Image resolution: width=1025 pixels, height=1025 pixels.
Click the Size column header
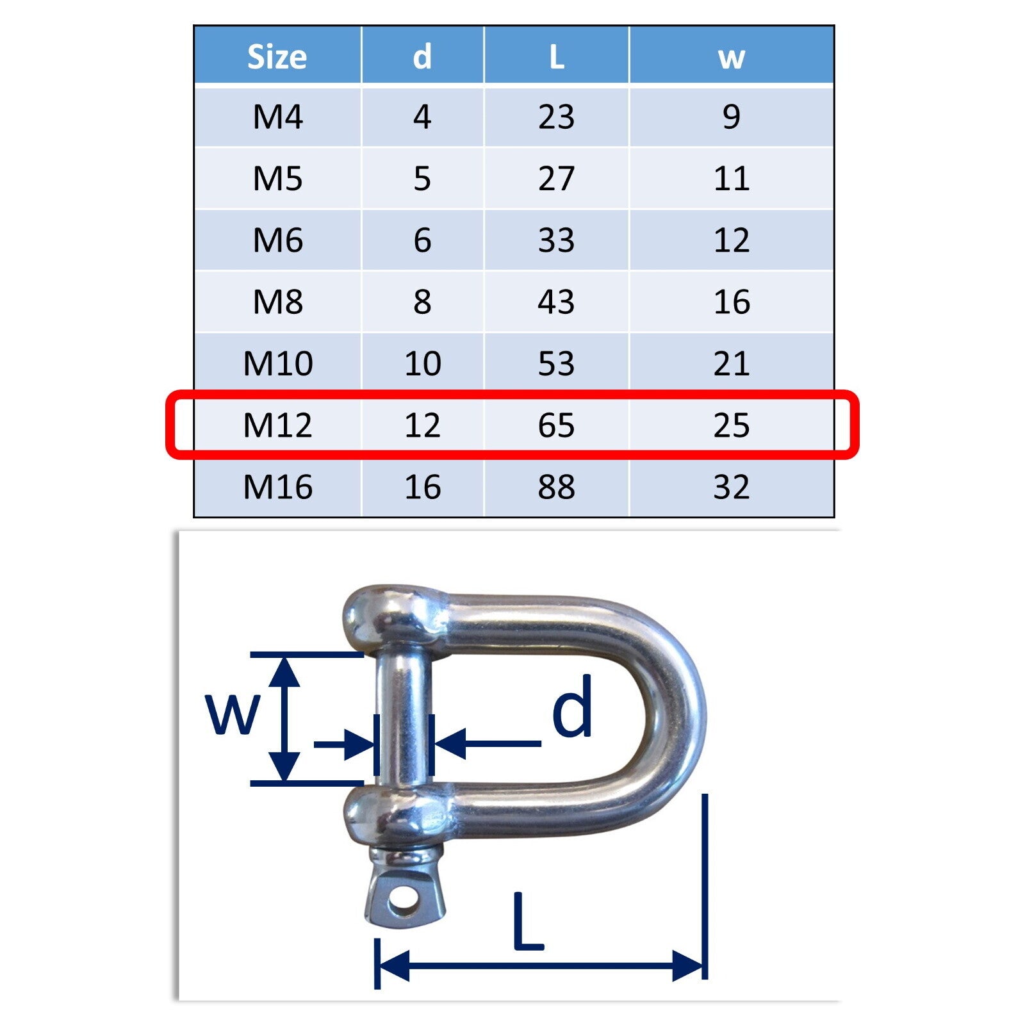coord(277,56)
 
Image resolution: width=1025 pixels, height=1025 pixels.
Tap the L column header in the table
coord(557,56)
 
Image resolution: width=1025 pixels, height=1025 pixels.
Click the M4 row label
coord(277,117)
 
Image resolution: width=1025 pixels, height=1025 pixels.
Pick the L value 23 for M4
coord(556,117)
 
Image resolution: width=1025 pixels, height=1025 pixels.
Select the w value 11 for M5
coord(731,178)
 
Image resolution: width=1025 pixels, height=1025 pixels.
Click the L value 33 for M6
coord(556,240)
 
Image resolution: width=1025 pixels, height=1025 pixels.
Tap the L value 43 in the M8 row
coord(556,302)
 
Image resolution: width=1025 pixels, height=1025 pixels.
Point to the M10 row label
coord(278,363)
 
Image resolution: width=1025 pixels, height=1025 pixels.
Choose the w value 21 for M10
coord(731,363)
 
